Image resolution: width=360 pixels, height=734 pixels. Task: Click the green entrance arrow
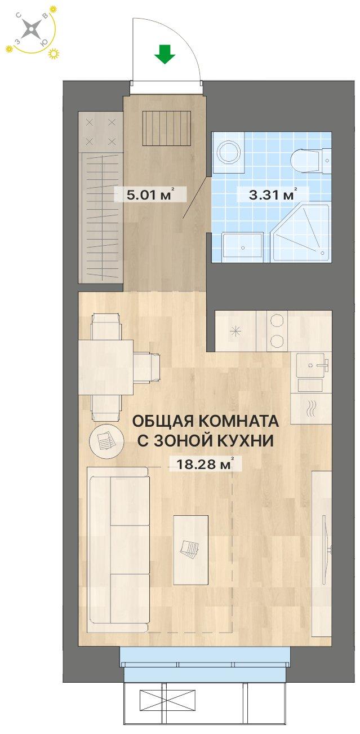tap(165, 55)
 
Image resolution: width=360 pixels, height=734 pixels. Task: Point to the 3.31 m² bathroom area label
tap(272, 195)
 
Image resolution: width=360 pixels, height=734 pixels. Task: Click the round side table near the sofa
tap(105, 440)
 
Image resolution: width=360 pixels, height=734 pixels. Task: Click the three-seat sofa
tap(119, 550)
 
